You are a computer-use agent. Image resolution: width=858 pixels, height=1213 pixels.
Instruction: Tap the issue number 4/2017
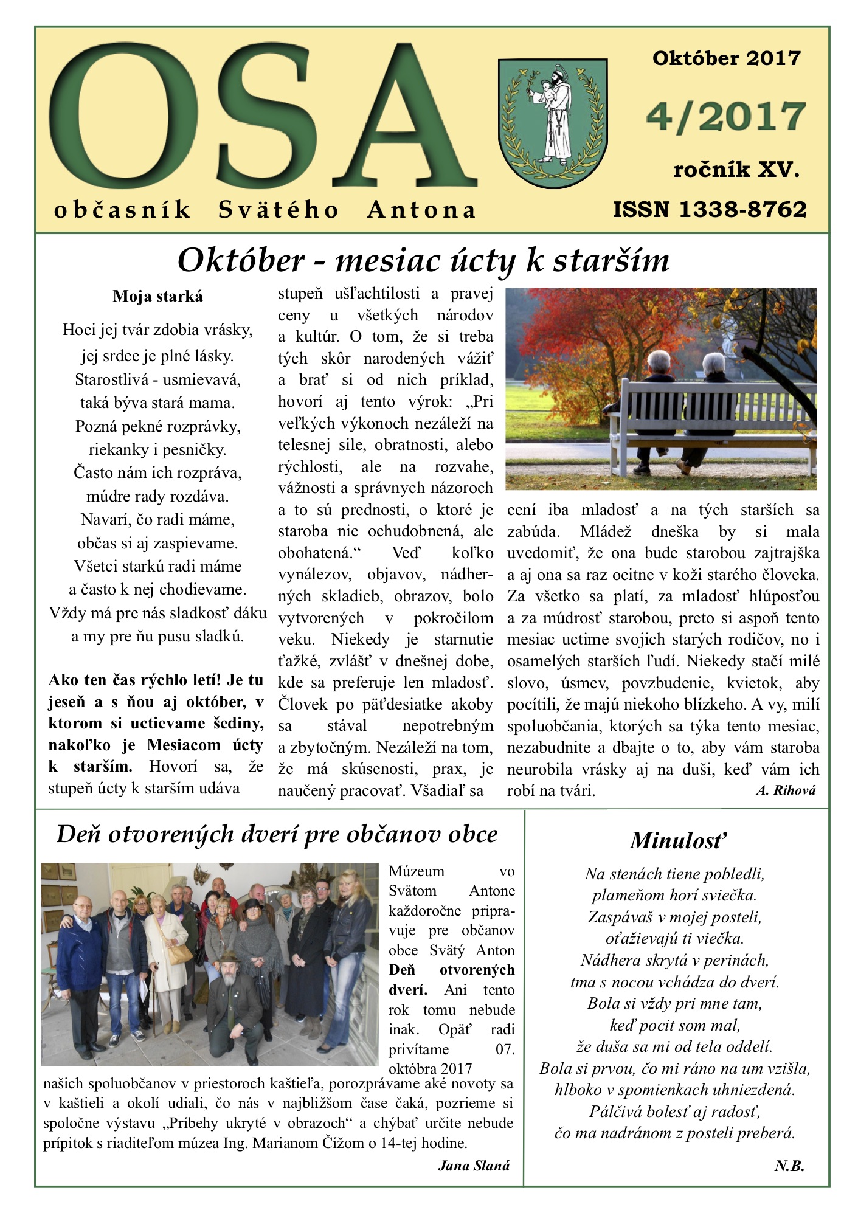pyautogui.click(x=725, y=117)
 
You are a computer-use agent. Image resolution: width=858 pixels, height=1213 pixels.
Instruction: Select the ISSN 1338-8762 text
pyautogui.click(x=709, y=210)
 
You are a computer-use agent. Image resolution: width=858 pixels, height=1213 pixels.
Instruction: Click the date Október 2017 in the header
pyautogui.click(x=726, y=58)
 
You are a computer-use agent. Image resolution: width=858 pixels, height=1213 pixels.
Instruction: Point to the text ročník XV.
pyautogui.click(x=736, y=170)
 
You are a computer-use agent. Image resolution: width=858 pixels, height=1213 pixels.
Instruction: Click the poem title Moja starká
pyautogui.click(x=157, y=297)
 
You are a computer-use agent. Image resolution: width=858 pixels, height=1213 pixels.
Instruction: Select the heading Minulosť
pyautogui.click(x=678, y=840)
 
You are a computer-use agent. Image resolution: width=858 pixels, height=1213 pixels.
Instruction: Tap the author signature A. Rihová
pyautogui.click(x=786, y=790)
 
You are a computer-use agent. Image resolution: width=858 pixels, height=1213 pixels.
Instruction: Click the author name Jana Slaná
pyautogui.click(x=473, y=1165)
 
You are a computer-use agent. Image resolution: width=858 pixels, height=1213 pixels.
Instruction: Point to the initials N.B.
pyautogui.click(x=789, y=1165)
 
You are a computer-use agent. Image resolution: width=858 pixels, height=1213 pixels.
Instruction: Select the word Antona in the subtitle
pyautogui.click(x=421, y=210)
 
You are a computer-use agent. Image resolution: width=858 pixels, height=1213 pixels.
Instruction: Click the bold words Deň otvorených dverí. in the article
pyautogui.click(x=451, y=980)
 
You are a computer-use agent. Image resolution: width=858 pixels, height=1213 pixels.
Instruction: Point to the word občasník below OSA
pyautogui.click(x=122, y=210)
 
